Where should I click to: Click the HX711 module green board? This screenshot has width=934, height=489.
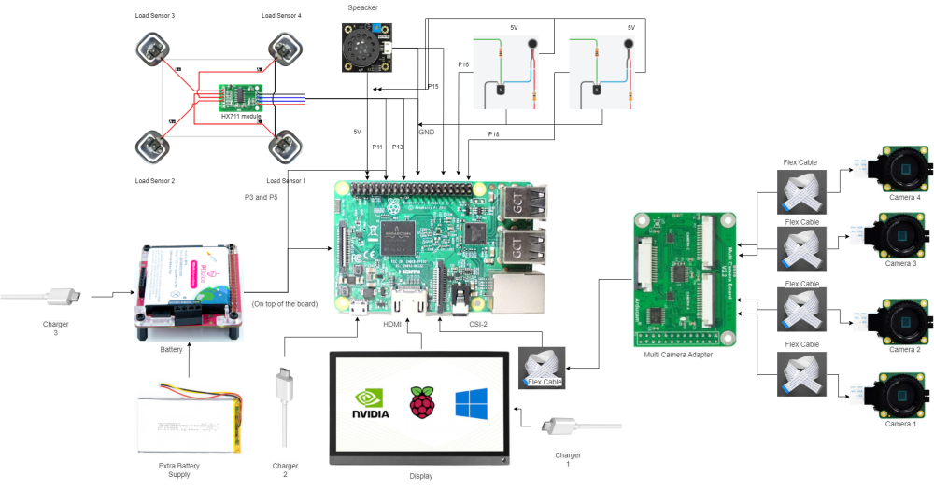coord(240,97)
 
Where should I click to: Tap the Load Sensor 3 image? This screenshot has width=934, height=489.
coord(153,48)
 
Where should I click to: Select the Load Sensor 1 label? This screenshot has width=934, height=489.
coord(287,180)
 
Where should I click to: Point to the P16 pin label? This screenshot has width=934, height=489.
coord(463,64)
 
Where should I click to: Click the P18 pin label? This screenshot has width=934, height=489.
coord(493,135)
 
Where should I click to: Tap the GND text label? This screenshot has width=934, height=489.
coord(426,133)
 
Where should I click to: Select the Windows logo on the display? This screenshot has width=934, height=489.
coord(471,404)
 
